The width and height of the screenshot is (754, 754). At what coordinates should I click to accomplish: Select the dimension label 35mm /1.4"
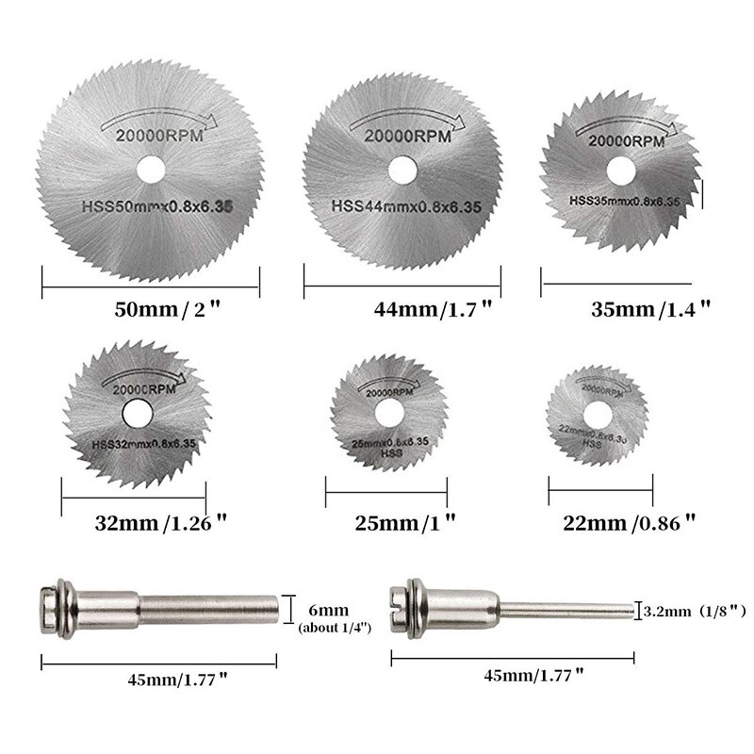(x=634, y=308)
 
